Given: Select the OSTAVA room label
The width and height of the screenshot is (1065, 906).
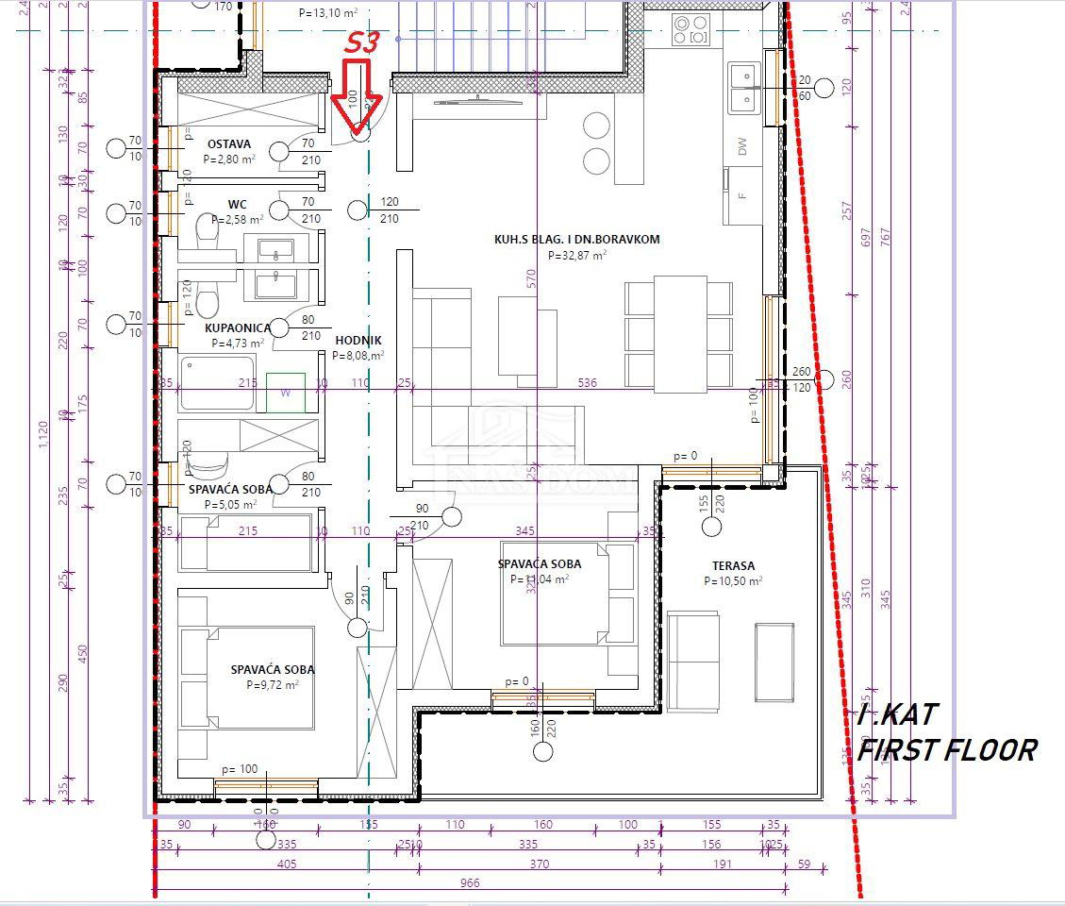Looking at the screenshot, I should (x=229, y=144).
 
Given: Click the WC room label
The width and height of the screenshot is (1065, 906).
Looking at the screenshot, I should (x=237, y=204).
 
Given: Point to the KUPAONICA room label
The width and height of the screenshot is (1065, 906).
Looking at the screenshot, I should (x=238, y=328).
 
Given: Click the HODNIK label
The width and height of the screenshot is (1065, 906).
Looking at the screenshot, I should (x=358, y=340).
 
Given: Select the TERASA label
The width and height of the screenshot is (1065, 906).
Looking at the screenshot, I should (x=733, y=565).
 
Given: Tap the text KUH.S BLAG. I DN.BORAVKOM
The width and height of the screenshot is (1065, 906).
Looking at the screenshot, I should (x=576, y=240).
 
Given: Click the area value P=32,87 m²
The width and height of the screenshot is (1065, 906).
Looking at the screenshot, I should (x=576, y=255).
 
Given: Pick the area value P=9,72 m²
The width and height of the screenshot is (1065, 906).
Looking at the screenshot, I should (x=273, y=685).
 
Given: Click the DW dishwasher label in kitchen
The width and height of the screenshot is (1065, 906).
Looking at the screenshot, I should (x=742, y=146).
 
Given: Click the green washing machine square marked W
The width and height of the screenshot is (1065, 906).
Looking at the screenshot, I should (x=285, y=393).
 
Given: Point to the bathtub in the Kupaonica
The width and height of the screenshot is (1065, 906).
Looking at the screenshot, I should (x=217, y=383).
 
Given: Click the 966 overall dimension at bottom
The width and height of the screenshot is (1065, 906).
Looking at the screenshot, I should (x=470, y=883).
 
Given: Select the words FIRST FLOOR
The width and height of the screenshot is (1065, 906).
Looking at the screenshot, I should (x=946, y=750).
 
